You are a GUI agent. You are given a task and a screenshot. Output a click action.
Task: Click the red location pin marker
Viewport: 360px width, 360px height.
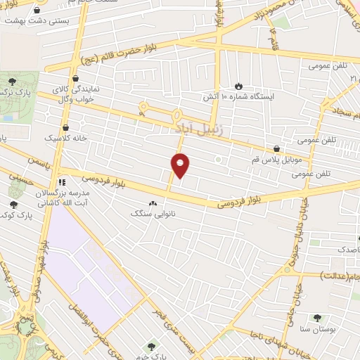[x=181, y=166]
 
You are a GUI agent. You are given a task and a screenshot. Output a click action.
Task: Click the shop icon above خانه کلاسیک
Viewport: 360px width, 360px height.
[x=65, y=128]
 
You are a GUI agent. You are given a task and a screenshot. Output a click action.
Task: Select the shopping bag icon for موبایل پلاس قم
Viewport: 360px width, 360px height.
[x=277, y=149]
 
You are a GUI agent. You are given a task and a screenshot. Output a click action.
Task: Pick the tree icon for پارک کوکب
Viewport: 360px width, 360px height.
[x=13, y=205]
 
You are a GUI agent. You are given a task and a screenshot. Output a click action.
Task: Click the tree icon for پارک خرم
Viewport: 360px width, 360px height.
[x=150, y=346]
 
